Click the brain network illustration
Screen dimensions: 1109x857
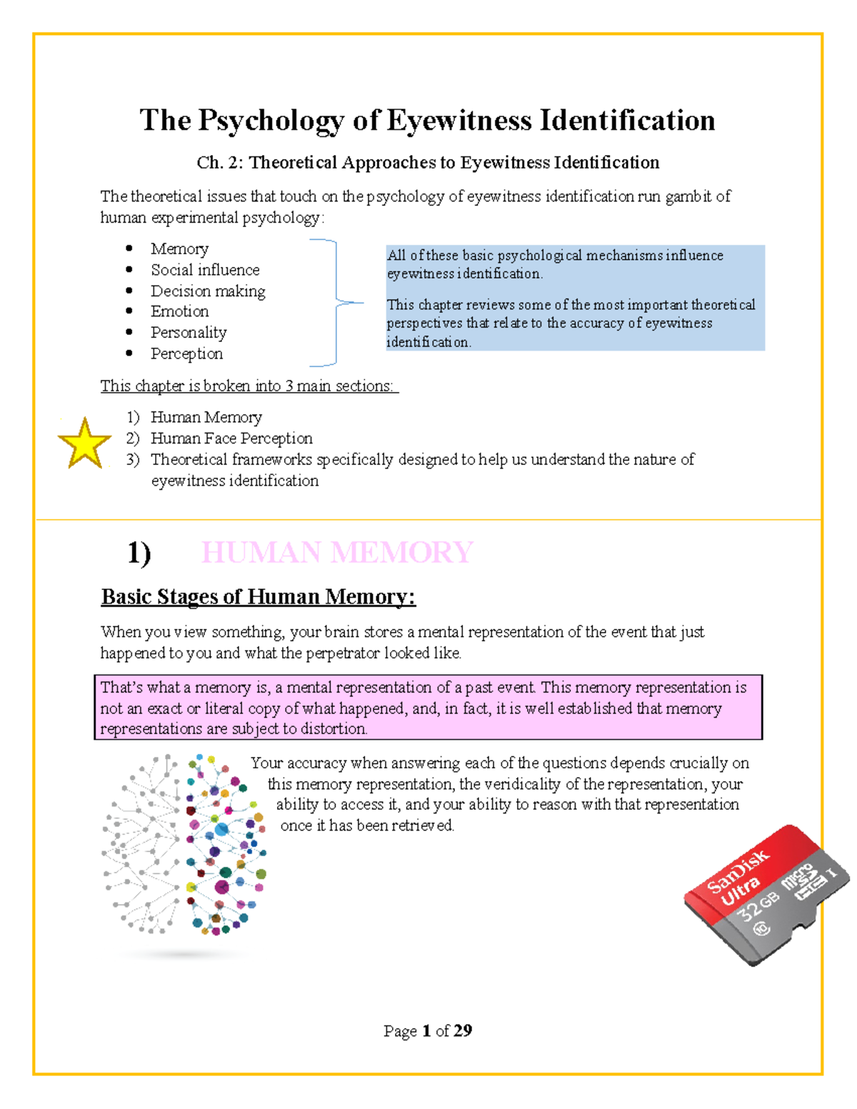[184, 845]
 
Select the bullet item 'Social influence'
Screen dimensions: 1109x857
[205, 270]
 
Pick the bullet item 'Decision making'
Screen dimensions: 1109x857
[208, 291]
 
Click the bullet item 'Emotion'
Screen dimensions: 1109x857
[179, 311]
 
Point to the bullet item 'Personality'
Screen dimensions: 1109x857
[189, 333]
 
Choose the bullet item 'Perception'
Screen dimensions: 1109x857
[186, 353]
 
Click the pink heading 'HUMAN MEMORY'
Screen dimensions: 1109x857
[336, 553]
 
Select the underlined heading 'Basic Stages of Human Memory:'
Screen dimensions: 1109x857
[258, 597]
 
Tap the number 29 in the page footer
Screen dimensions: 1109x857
[463, 1030]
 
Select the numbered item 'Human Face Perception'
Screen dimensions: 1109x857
[231, 438]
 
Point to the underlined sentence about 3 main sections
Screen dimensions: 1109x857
[249, 386]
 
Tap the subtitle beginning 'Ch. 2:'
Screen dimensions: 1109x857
[428, 163]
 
